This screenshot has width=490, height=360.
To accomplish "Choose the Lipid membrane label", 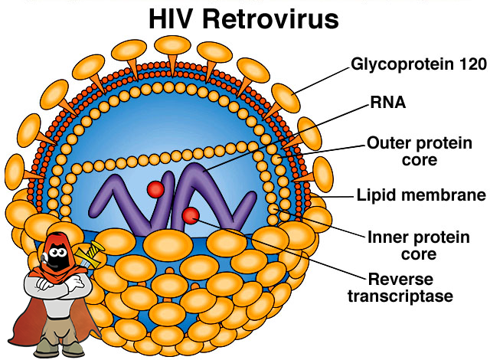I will (422, 194).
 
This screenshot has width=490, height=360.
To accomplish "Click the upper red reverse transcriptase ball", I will (157, 189).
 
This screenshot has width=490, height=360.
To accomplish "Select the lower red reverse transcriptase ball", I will (191, 216).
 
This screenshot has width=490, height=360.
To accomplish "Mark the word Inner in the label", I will (387, 237).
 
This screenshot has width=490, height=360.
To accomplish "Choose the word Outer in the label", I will (387, 142).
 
